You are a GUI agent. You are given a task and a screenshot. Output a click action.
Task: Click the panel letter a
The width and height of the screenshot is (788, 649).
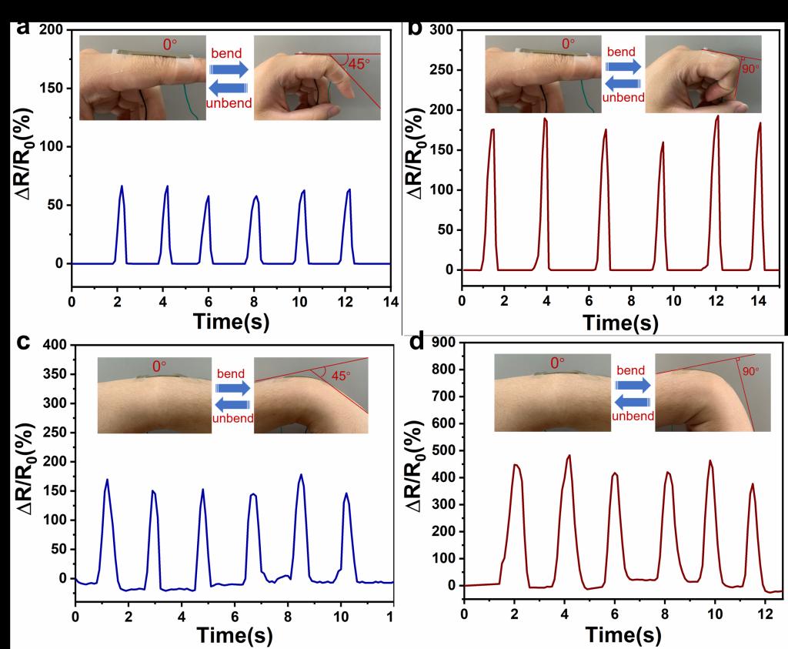tap(23, 28)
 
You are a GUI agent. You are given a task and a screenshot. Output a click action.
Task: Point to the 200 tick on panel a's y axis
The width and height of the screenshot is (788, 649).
tap(50, 30)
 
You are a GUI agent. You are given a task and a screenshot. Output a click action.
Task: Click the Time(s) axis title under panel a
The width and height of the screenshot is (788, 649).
tap(231, 321)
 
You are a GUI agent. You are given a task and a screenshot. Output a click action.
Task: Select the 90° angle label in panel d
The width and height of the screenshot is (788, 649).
tap(750, 370)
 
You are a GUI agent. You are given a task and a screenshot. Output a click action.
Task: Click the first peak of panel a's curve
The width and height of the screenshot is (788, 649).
tap(122, 186)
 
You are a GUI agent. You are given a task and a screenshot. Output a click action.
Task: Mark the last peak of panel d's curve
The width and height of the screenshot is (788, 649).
tap(752, 484)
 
